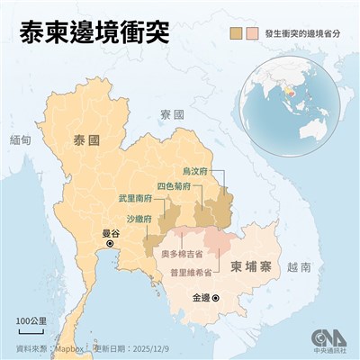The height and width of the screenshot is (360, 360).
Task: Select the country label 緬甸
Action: pos(18,141)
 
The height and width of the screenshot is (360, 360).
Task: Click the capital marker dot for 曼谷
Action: pos(111,243)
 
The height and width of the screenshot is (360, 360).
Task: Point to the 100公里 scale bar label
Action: pos(31,319)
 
